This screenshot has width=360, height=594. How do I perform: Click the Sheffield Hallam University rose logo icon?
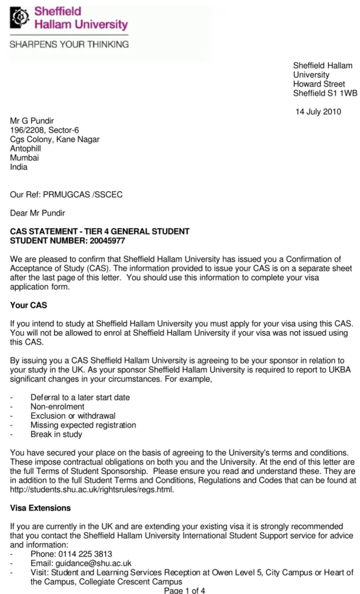point(20,19)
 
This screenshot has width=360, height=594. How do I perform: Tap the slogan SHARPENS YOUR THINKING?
point(69,44)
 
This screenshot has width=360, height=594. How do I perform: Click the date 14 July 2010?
point(318,111)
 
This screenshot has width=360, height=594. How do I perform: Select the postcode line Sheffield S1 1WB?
point(325,93)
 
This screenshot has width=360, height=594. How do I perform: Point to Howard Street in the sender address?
point(319,84)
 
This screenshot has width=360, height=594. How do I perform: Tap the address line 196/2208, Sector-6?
point(45,130)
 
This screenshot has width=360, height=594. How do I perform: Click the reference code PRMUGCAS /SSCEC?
point(83,195)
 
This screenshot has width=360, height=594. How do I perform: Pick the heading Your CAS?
point(28,305)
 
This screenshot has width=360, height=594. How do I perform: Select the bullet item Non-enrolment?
point(57,407)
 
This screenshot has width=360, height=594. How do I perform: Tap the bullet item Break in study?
point(56,434)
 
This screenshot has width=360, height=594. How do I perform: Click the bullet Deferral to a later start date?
point(80,397)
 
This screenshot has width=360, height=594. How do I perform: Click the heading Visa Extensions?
point(41,508)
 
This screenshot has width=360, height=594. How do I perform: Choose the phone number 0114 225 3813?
point(88,554)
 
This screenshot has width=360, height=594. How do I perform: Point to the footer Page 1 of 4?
point(184,591)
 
